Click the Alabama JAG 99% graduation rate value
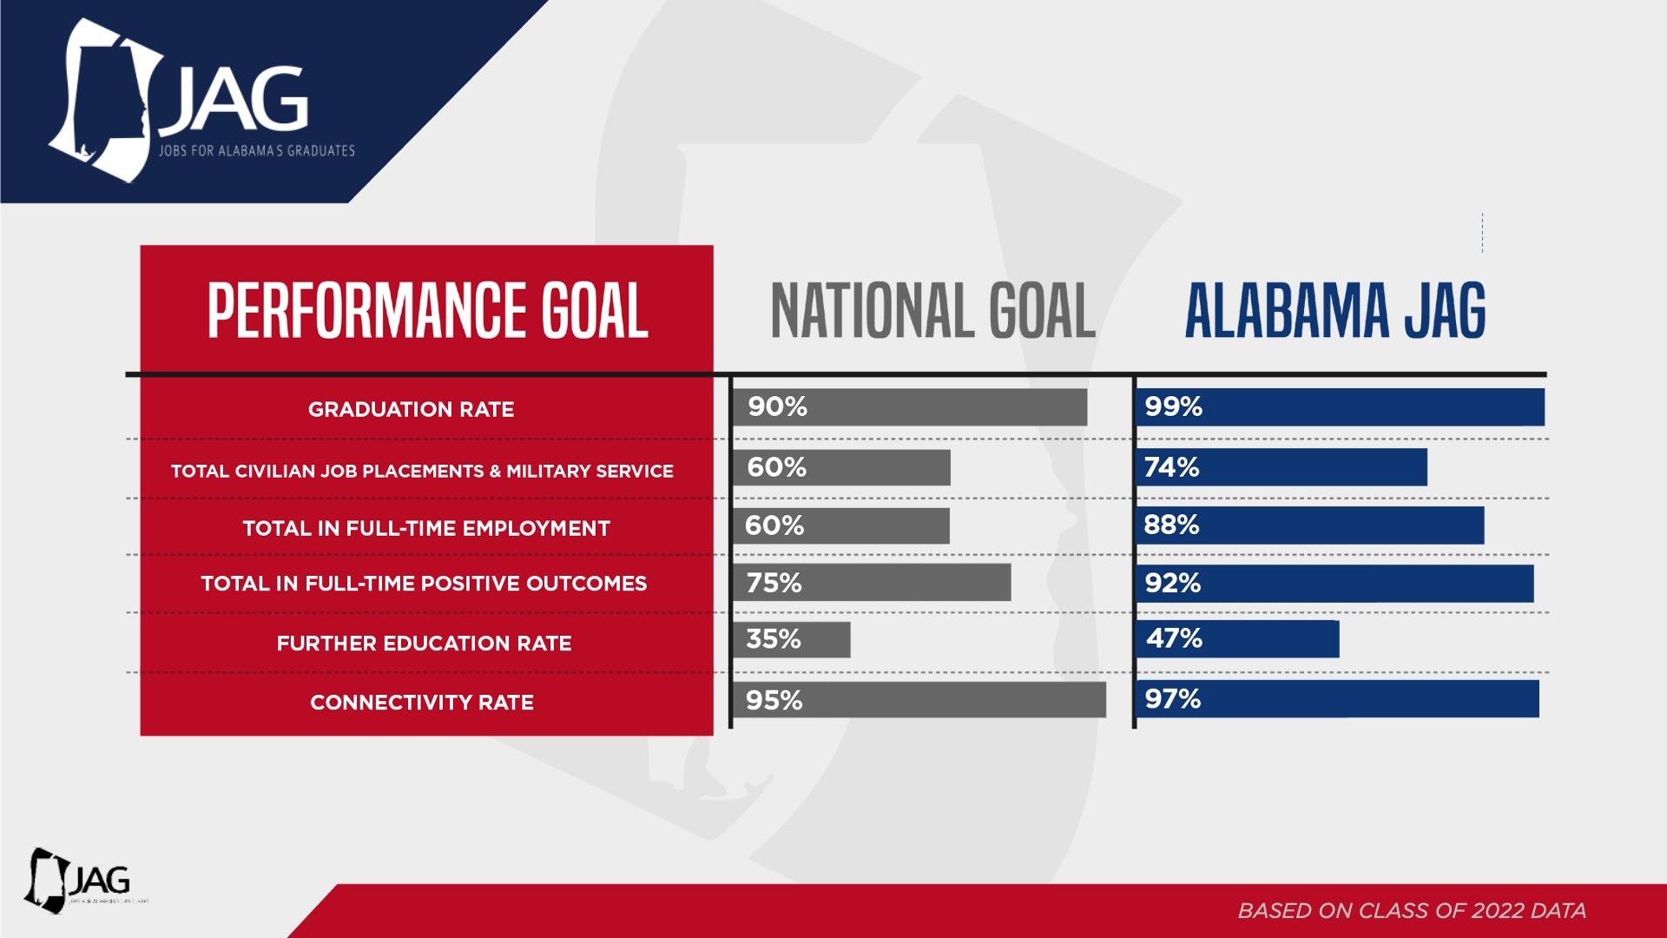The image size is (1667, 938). (1173, 406)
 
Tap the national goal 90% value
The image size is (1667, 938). (777, 406)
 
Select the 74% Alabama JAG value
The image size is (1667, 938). (1171, 467)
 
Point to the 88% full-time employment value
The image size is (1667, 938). (1171, 525)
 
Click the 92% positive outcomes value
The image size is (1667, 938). (1172, 583)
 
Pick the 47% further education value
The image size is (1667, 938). (1174, 638)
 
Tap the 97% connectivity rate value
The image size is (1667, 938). (1172, 699)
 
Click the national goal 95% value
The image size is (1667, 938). (774, 700)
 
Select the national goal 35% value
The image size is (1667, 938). (773, 639)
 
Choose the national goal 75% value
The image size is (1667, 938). (774, 583)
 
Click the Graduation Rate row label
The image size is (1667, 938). (411, 409)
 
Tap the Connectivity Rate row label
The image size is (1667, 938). (422, 702)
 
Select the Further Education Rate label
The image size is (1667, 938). (424, 644)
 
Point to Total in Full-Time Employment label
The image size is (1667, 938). (426, 528)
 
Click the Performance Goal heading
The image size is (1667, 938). (427, 310)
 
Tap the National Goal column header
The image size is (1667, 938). (932, 310)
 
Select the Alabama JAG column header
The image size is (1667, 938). (1335, 310)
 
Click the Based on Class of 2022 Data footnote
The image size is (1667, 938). (1412, 910)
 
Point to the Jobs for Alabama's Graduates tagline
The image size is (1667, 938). (256, 151)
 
